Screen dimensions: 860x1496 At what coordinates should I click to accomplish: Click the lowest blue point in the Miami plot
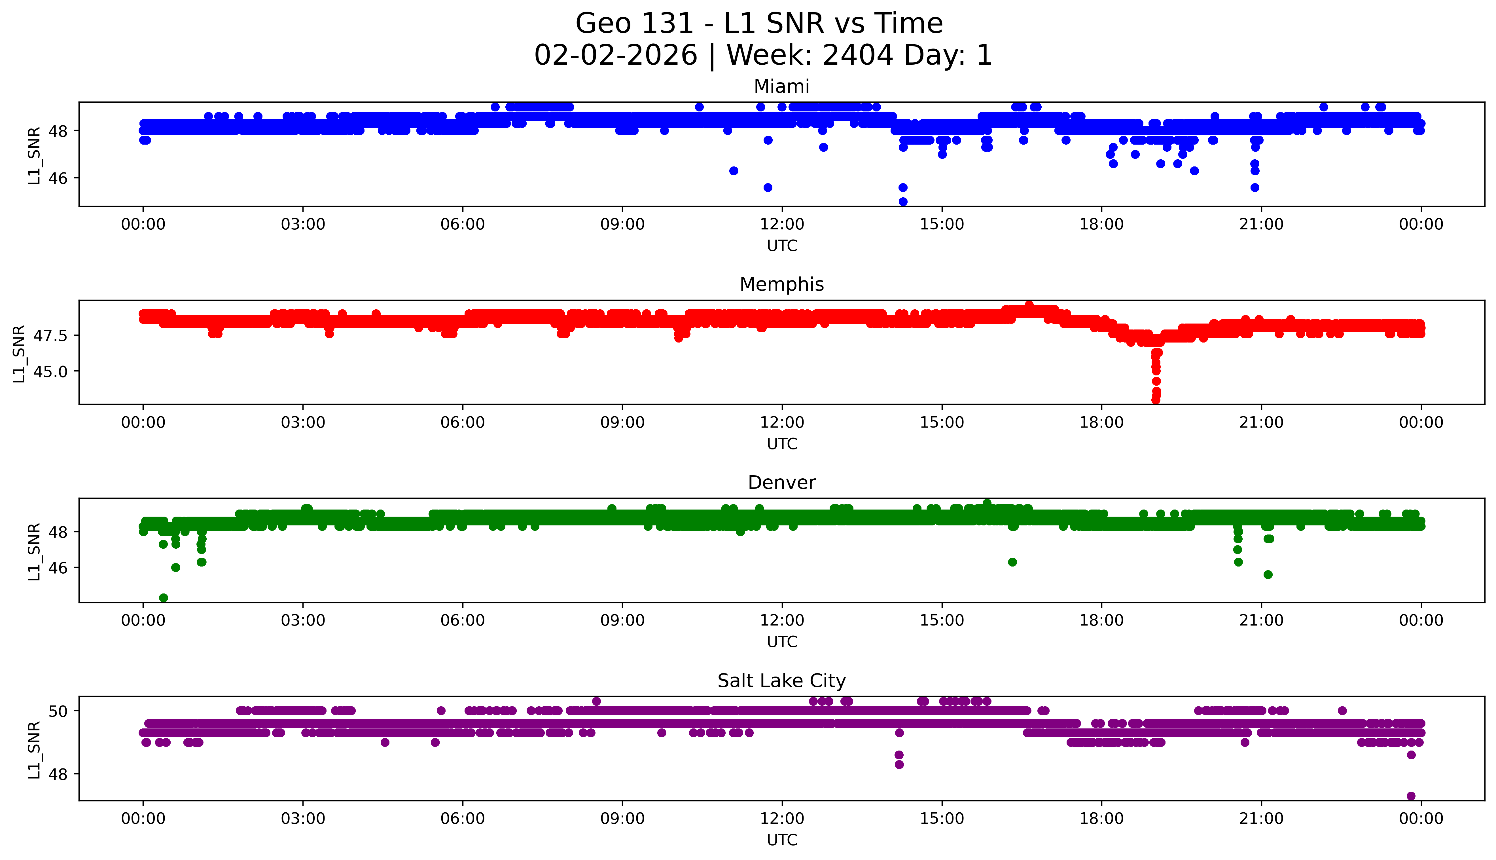[903, 201]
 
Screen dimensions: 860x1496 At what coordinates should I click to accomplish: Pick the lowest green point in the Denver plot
[164, 598]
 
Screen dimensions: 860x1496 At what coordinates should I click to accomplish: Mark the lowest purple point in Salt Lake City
[1411, 796]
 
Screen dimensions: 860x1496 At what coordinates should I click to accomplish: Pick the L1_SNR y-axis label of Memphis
[20, 353]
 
